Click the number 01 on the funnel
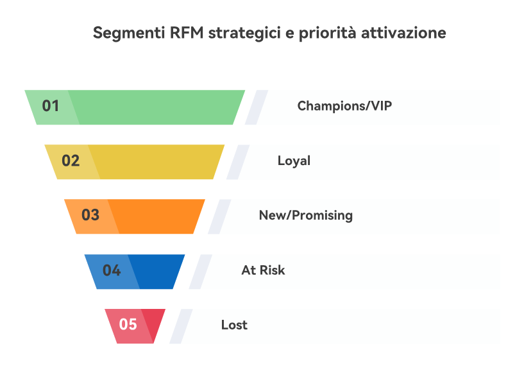click(51, 106)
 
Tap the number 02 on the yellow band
click(71, 161)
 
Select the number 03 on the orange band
click(90, 215)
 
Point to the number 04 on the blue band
click(112, 270)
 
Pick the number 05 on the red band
click(128, 324)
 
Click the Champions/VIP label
click(344, 106)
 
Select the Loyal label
click(294, 161)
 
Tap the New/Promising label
click(306, 215)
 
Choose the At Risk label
click(263, 270)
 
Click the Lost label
click(234, 325)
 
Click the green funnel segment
click(154, 107)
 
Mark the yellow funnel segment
click(154, 161)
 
